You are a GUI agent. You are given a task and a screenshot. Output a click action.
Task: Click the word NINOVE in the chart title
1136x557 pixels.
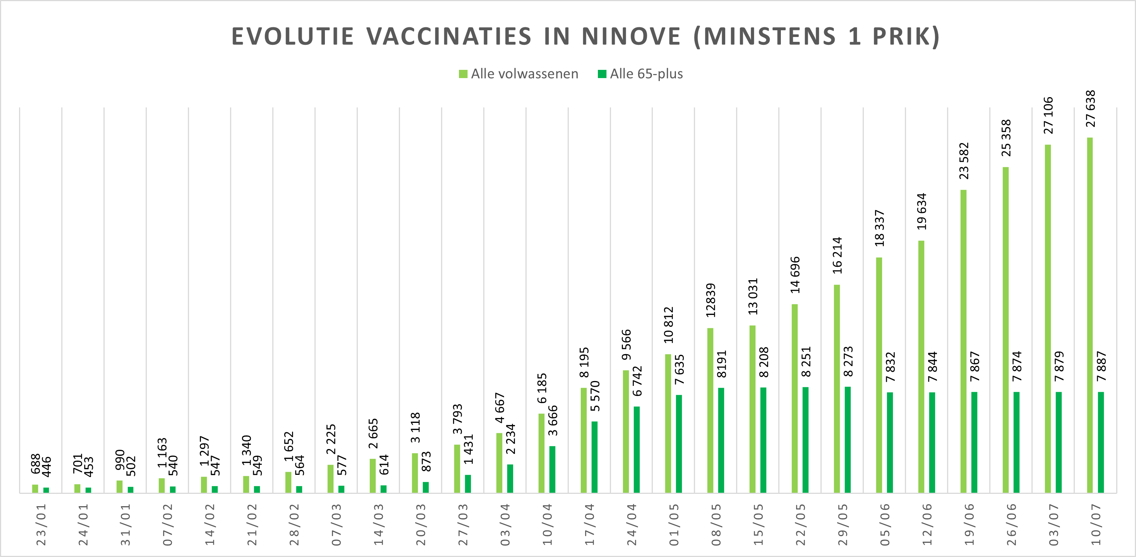tap(631, 36)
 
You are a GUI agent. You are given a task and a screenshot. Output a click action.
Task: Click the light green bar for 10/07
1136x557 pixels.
tap(1090, 315)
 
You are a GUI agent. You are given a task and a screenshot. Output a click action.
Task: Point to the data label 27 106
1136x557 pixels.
tap(1048, 115)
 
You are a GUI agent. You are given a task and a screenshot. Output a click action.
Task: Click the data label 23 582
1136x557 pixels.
tap(964, 161)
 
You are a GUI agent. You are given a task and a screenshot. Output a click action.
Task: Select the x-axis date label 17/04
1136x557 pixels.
tap(590, 524)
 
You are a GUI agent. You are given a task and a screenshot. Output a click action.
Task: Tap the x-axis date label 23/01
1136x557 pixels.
tap(41, 524)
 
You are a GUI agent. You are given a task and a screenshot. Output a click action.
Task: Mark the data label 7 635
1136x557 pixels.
tap(679, 369)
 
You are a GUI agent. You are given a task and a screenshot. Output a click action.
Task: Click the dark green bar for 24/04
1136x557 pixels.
tap(636, 449)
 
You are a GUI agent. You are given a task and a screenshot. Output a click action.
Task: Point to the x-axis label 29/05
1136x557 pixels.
tap(843, 524)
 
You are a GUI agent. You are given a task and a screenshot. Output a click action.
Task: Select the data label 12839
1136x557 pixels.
tap(710, 300)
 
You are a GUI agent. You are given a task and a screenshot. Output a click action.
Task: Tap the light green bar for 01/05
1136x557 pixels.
tap(668, 423)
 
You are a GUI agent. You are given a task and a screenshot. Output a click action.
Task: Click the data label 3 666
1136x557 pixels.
tap(553, 420)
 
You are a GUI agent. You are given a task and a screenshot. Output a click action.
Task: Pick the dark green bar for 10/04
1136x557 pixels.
tap(552, 469)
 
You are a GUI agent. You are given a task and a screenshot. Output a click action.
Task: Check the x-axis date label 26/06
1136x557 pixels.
tap(1012, 524)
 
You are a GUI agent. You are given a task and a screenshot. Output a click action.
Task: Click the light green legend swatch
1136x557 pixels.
tap(463, 74)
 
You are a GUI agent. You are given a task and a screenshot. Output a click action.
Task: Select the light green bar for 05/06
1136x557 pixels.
tap(879, 375)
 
